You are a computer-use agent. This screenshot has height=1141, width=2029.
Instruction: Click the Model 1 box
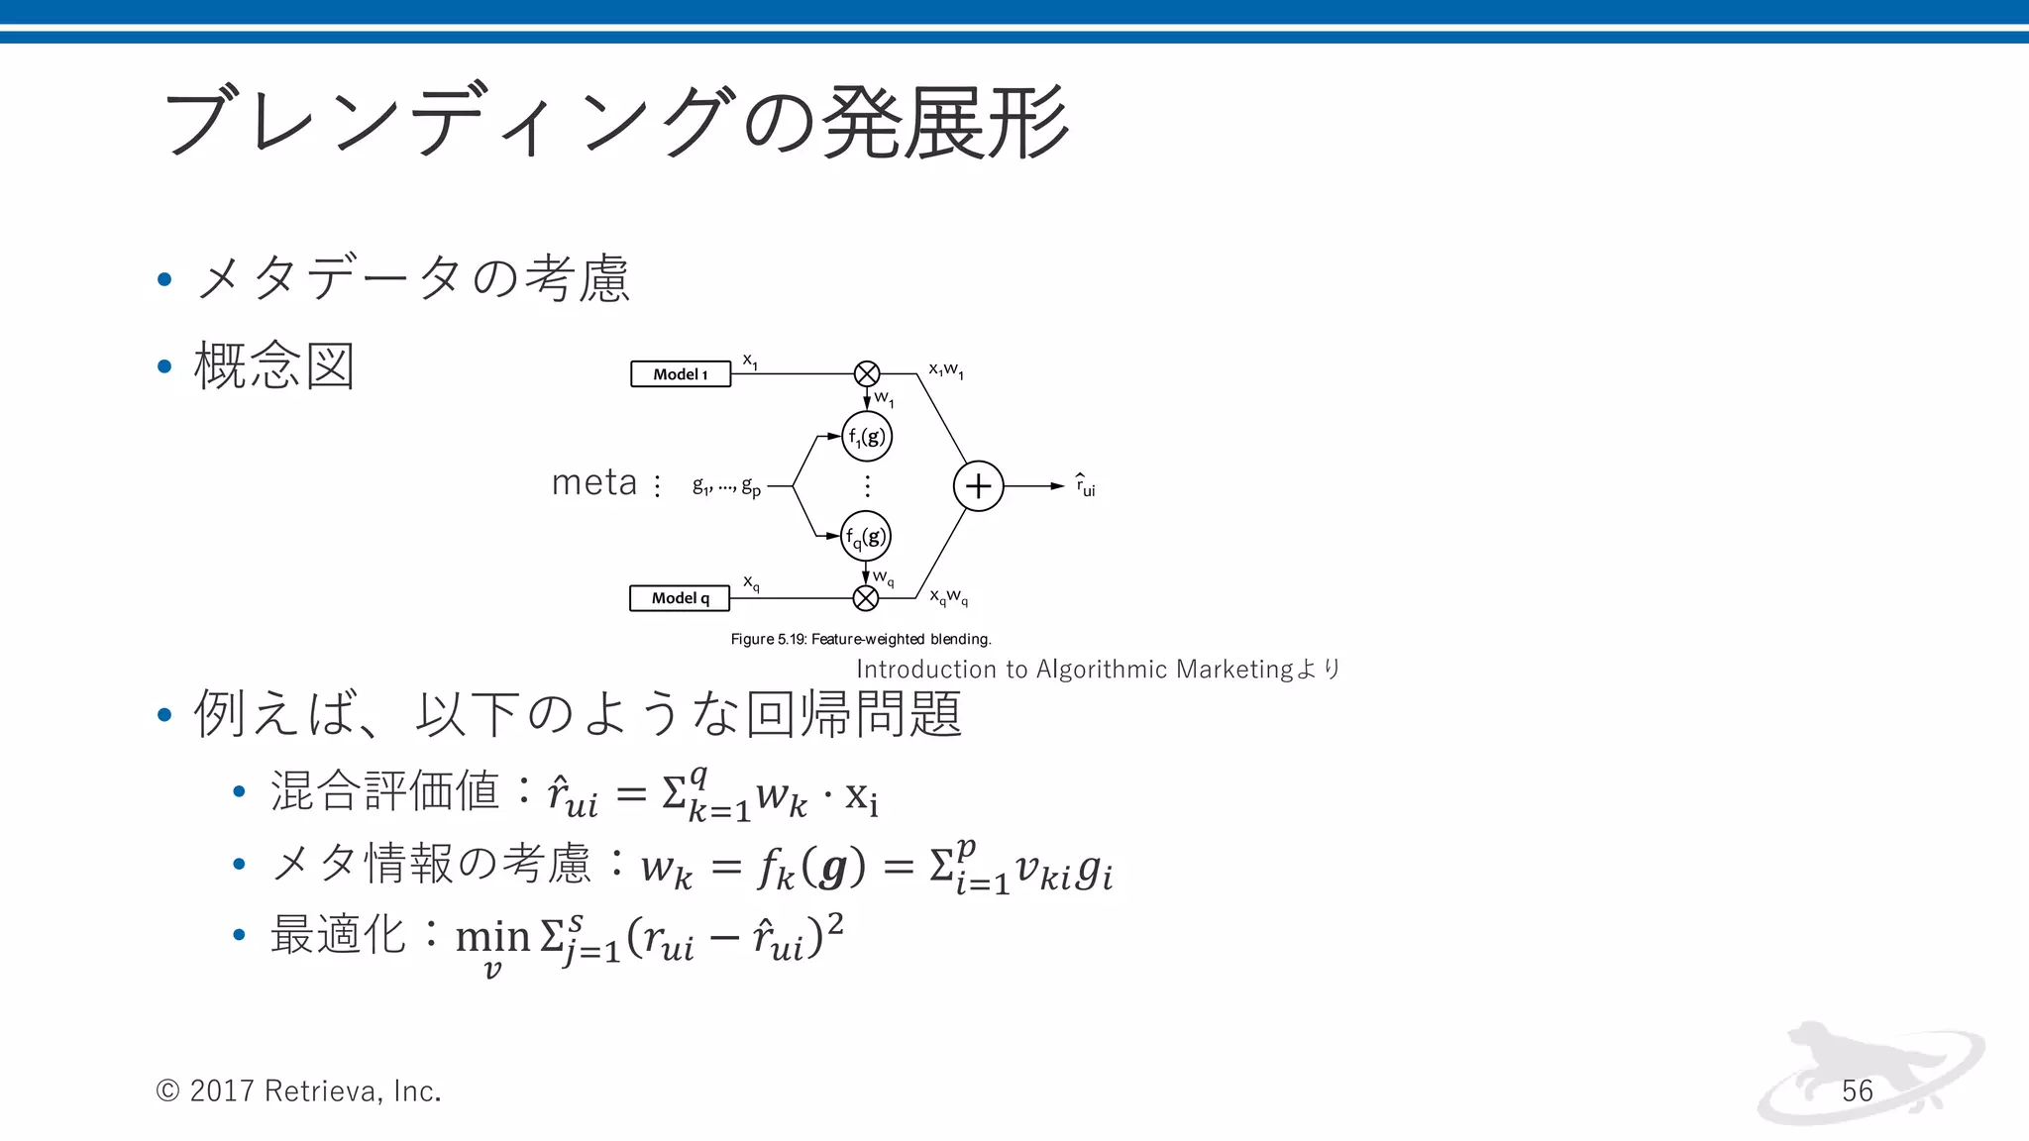coord(681,374)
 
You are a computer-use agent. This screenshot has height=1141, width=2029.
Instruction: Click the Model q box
coord(680,598)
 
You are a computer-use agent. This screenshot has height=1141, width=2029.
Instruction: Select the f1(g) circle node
coord(867,437)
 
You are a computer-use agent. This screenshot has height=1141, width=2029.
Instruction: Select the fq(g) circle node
coord(866,537)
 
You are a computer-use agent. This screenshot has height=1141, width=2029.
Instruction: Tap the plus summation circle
coord(978,486)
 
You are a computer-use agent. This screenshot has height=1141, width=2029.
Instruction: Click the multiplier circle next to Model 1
coord(867,373)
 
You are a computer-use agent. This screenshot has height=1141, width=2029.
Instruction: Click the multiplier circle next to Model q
coord(866,598)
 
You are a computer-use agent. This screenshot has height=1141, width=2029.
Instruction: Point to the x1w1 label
coord(946,370)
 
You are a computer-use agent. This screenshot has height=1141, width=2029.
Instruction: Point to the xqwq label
coord(948,596)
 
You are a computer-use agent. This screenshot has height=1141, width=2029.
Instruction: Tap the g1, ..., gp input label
coord(726,485)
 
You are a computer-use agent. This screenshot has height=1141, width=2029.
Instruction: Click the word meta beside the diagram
coord(594,482)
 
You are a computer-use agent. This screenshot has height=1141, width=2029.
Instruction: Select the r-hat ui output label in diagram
coord(1086,485)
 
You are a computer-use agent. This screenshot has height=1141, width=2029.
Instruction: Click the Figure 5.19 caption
coord(861,639)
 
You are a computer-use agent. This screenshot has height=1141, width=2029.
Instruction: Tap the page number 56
coord(1858,1090)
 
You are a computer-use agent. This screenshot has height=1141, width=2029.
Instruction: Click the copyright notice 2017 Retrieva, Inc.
coord(298,1090)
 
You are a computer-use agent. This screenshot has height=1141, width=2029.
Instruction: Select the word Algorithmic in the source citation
coord(1102,670)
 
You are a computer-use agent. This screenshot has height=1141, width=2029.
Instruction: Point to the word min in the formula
coord(492,935)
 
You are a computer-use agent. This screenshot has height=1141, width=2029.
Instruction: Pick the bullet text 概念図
coord(274,365)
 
